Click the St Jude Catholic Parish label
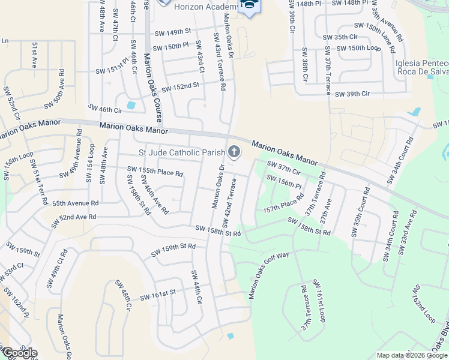tap(182, 152)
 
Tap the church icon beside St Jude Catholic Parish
tap(235, 152)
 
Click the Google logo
tap(19, 353)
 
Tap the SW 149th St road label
tap(172, 32)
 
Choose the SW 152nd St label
tap(180, 87)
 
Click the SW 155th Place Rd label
tap(155, 172)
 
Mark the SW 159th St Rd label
tap(173, 250)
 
